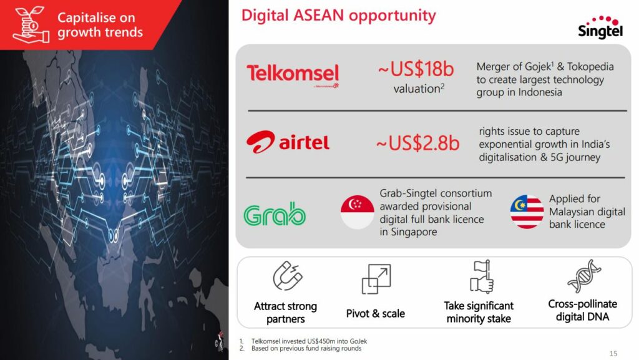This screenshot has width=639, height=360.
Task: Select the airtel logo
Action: (x=288, y=142)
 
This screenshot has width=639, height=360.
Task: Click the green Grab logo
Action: (x=275, y=214)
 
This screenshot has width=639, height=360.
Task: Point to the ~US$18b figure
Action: (x=416, y=69)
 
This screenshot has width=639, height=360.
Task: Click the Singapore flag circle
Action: (x=358, y=212)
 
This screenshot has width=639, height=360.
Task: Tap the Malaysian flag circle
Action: (x=527, y=212)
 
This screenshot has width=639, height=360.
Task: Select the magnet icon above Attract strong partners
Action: (x=288, y=276)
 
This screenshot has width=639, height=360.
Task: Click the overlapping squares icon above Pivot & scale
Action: (x=376, y=279)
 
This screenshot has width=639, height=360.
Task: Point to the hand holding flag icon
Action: (x=482, y=277)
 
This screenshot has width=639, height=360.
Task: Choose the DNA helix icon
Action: (x=584, y=276)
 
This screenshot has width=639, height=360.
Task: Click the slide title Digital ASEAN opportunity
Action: (x=339, y=16)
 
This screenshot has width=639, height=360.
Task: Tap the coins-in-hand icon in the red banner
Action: (x=31, y=24)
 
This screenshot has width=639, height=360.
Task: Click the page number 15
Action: (x=613, y=354)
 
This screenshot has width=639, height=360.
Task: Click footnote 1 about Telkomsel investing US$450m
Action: (x=304, y=341)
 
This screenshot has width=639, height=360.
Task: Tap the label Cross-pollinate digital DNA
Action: (x=582, y=310)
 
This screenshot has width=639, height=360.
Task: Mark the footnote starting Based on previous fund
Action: (x=301, y=348)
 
